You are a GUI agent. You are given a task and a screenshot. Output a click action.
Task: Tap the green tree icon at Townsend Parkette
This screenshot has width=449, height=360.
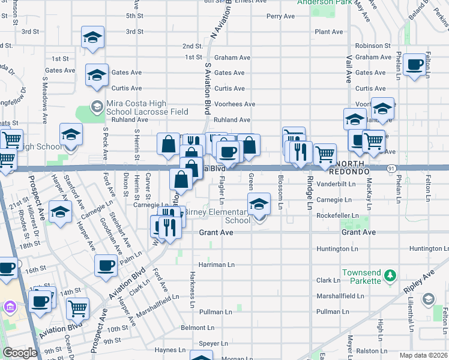pos(390,275)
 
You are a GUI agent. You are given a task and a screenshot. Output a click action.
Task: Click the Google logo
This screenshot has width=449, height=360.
pos(20,353)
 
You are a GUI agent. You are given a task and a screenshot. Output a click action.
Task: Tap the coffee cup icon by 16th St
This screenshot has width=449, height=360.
pos(106,265)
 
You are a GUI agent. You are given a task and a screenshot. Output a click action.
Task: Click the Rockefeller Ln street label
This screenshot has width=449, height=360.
pos(337,215)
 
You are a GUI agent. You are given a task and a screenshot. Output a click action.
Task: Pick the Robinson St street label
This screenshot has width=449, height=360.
pos(373,46)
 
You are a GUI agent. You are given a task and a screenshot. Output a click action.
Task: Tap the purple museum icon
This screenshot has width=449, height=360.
pos(9,308)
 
